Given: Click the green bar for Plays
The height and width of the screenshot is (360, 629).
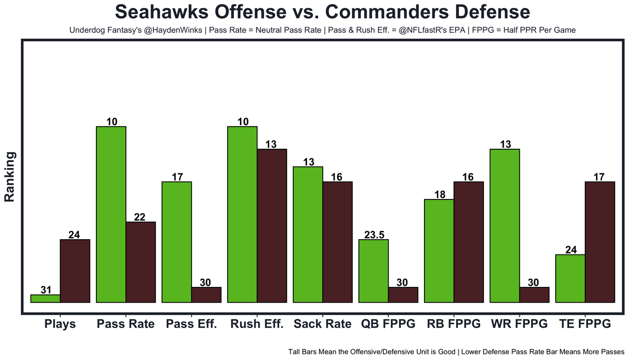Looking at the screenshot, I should pyautogui.click(x=45, y=299).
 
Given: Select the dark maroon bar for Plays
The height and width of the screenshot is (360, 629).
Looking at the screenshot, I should pyautogui.click(x=75, y=271).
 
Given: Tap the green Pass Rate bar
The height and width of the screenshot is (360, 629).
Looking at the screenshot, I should pyautogui.click(x=111, y=215).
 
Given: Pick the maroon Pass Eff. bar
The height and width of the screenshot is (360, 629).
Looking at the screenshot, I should pyautogui.click(x=206, y=295).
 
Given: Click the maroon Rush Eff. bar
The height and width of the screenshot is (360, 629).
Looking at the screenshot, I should pyautogui.click(x=272, y=226).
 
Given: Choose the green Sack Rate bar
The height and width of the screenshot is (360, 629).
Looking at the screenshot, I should pyautogui.click(x=308, y=235).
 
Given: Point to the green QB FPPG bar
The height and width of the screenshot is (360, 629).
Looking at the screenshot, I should pyautogui.click(x=373, y=271).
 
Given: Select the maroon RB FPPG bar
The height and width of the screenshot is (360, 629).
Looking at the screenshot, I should pyautogui.click(x=468, y=242).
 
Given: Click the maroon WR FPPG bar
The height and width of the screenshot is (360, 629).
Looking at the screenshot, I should pyautogui.click(x=534, y=295).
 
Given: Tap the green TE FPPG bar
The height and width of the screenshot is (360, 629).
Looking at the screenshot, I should pyautogui.click(x=570, y=278).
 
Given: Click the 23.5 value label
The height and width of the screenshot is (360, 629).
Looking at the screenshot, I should pyautogui.click(x=374, y=235).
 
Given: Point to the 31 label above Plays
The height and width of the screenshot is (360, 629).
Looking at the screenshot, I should pyautogui.click(x=46, y=290).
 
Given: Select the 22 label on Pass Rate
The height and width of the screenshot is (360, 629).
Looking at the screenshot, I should pyautogui.click(x=140, y=217).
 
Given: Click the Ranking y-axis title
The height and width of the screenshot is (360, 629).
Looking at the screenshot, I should pyautogui.click(x=10, y=177).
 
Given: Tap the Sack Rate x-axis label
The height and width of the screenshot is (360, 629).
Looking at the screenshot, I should pyautogui.click(x=322, y=324).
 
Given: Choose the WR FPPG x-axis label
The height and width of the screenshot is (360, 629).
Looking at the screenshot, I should pyautogui.click(x=519, y=324).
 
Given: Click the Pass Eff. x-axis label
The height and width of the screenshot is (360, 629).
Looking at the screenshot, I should pyautogui.click(x=191, y=324).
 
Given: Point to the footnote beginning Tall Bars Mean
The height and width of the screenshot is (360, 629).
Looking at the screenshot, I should pyautogui.click(x=456, y=352).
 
